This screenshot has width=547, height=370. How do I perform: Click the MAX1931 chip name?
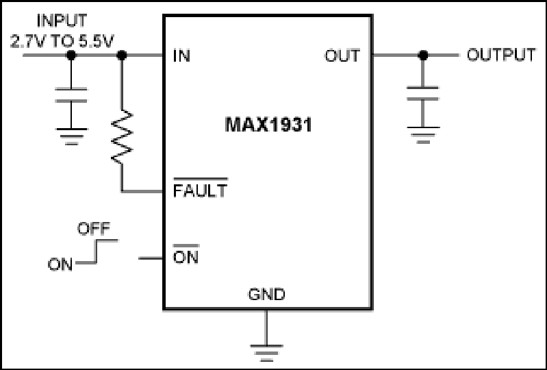pos(268,125)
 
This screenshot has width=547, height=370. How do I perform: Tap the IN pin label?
pos(181,56)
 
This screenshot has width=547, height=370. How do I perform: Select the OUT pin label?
pos(342,56)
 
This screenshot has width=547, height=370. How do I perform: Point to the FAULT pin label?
pos(200,190)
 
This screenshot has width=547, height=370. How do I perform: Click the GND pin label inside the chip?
pos(266,294)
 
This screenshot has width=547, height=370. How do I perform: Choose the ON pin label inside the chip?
pos(186,257)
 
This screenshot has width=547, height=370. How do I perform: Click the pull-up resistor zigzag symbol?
pos(122,136)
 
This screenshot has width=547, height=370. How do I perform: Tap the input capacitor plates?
pos(71,95)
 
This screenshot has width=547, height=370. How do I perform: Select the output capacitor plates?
pos(423,93)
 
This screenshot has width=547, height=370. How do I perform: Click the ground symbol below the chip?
pos(266,353)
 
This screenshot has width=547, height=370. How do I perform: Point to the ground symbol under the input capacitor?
pos(71,136)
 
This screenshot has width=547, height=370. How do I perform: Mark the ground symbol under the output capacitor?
pos(423,135)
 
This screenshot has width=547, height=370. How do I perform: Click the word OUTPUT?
pos(501,55)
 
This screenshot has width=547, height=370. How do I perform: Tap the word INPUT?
pos(62,21)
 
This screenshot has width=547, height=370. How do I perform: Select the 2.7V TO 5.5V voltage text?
pos(62,41)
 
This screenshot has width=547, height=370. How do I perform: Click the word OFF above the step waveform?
pos(94,229)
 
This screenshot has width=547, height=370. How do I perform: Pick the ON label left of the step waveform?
pos(60,264)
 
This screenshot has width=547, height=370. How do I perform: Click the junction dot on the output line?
pos(423,55)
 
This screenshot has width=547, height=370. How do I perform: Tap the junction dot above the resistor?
pos(122,55)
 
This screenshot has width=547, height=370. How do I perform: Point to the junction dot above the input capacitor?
pos(71,55)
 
